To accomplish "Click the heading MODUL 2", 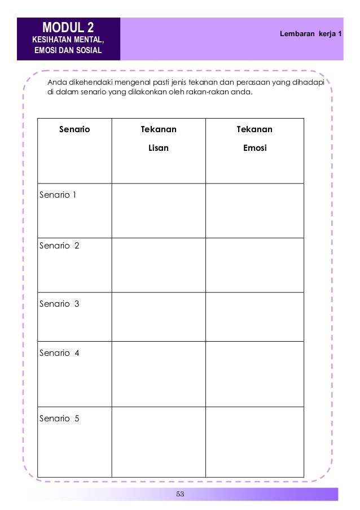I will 68,27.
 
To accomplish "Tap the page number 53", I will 181,495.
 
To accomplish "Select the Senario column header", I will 74,130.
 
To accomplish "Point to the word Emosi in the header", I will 254,149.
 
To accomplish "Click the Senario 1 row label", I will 58,195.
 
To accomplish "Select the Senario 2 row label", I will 59,246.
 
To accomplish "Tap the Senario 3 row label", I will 59,304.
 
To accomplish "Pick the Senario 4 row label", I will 59,354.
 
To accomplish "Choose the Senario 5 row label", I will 59,419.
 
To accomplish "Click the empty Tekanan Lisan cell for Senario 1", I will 159,211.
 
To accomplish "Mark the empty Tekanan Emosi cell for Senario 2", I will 254,265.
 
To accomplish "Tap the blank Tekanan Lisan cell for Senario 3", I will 159,317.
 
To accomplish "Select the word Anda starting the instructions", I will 58,83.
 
